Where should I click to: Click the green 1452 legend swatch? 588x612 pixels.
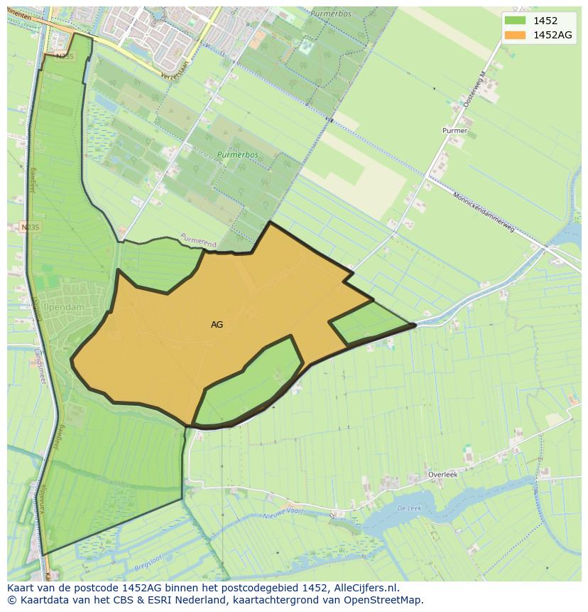tap(516, 21)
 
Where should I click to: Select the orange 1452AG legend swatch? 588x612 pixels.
tap(516, 35)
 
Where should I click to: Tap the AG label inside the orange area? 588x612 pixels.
tap(217, 324)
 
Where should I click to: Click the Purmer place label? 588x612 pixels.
tap(454, 131)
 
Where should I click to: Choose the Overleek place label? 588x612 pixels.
tap(442, 474)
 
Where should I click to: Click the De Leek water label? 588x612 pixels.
tap(410, 508)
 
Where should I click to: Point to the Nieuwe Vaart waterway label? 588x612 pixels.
tap(283, 515)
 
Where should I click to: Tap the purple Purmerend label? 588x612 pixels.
tap(198, 240)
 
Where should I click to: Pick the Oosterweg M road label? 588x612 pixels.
tap(474, 90)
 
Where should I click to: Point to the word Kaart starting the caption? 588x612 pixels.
tap(21, 589)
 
